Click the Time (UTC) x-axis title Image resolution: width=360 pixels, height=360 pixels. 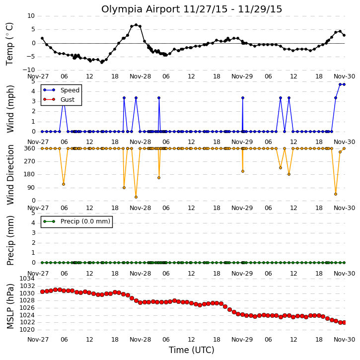(x=192, y=350)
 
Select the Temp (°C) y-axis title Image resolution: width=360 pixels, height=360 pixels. (x=9, y=44)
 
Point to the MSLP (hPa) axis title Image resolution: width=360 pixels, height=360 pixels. (x=10, y=306)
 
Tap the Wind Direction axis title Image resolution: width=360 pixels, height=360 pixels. (x=10, y=175)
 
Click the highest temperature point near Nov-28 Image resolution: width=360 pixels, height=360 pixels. (x=136, y=25)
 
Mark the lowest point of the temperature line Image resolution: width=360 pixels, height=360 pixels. (x=102, y=62)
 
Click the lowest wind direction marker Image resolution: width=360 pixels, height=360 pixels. (x=136, y=197)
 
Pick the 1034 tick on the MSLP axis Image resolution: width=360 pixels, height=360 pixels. (x=27, y=279)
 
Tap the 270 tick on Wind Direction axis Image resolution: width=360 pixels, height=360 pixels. (x=30, y=161)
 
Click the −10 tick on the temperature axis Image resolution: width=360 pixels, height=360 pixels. (x=29, y=70)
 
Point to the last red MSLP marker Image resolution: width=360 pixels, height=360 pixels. (x=344, y=323)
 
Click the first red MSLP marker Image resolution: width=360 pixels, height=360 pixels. (x=43, y=291)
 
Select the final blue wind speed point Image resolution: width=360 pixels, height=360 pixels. (x=344, y=84)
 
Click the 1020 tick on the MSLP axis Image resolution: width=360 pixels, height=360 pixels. (x=27, y=330)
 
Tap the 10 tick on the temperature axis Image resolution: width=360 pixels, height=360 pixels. (x=31, y=16)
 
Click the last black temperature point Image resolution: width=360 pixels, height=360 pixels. (x=344, y=35)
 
